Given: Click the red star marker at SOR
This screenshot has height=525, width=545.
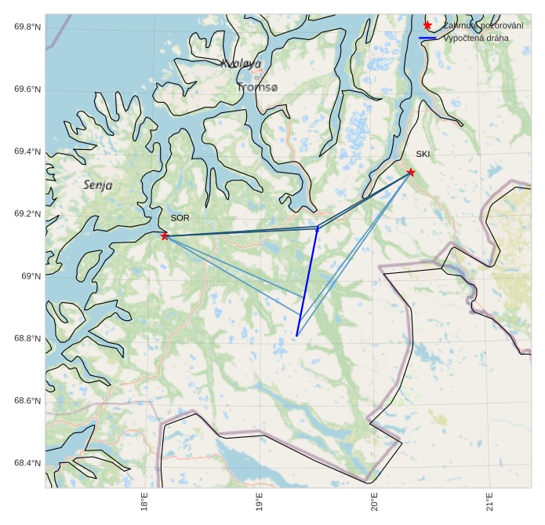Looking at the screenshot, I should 165,236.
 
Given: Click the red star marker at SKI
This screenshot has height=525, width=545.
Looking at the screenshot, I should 410,172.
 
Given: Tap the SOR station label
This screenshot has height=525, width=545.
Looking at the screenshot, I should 180,217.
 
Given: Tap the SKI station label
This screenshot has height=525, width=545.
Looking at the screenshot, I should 423,154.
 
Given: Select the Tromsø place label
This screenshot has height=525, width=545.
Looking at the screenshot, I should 257,88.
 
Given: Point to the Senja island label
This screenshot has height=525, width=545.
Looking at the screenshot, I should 98,185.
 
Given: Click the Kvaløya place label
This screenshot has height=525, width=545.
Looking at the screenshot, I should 241,64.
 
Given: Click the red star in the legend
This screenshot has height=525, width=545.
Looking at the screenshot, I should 427,26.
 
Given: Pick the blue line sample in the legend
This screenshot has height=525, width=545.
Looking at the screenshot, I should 427,38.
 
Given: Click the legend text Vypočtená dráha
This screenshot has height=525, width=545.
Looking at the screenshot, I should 476,38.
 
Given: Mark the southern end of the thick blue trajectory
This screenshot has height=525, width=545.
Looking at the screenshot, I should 296,336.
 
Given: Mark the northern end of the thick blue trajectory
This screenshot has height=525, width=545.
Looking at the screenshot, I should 317,228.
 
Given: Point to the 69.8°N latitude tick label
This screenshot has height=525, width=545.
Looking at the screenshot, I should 27,27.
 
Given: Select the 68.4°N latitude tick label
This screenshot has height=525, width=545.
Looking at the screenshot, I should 27,463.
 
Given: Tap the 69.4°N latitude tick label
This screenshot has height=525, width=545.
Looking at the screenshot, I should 27,151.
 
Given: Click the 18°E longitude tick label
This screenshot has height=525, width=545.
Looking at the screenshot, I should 145,503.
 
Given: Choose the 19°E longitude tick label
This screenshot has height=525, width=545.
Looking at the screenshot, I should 260,503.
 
